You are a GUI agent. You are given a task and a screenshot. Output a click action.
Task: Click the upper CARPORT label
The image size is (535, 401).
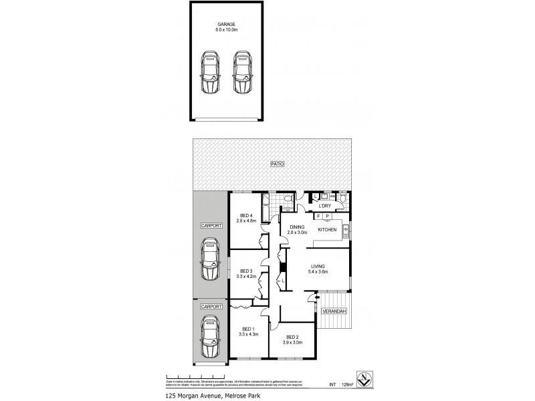pyautogui.click(x=211, y=226)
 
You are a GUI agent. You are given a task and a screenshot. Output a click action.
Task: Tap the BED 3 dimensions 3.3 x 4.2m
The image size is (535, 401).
pyautogui.click(x=246, y=276)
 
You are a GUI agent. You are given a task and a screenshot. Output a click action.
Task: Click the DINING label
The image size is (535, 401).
pyautogui.click(x=296, y=227)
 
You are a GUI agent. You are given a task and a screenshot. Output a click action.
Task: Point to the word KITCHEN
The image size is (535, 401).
pyautogui.click(x=327, y=230)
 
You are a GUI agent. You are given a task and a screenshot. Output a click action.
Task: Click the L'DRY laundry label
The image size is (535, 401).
pyautogui.click(x=326, y=207)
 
